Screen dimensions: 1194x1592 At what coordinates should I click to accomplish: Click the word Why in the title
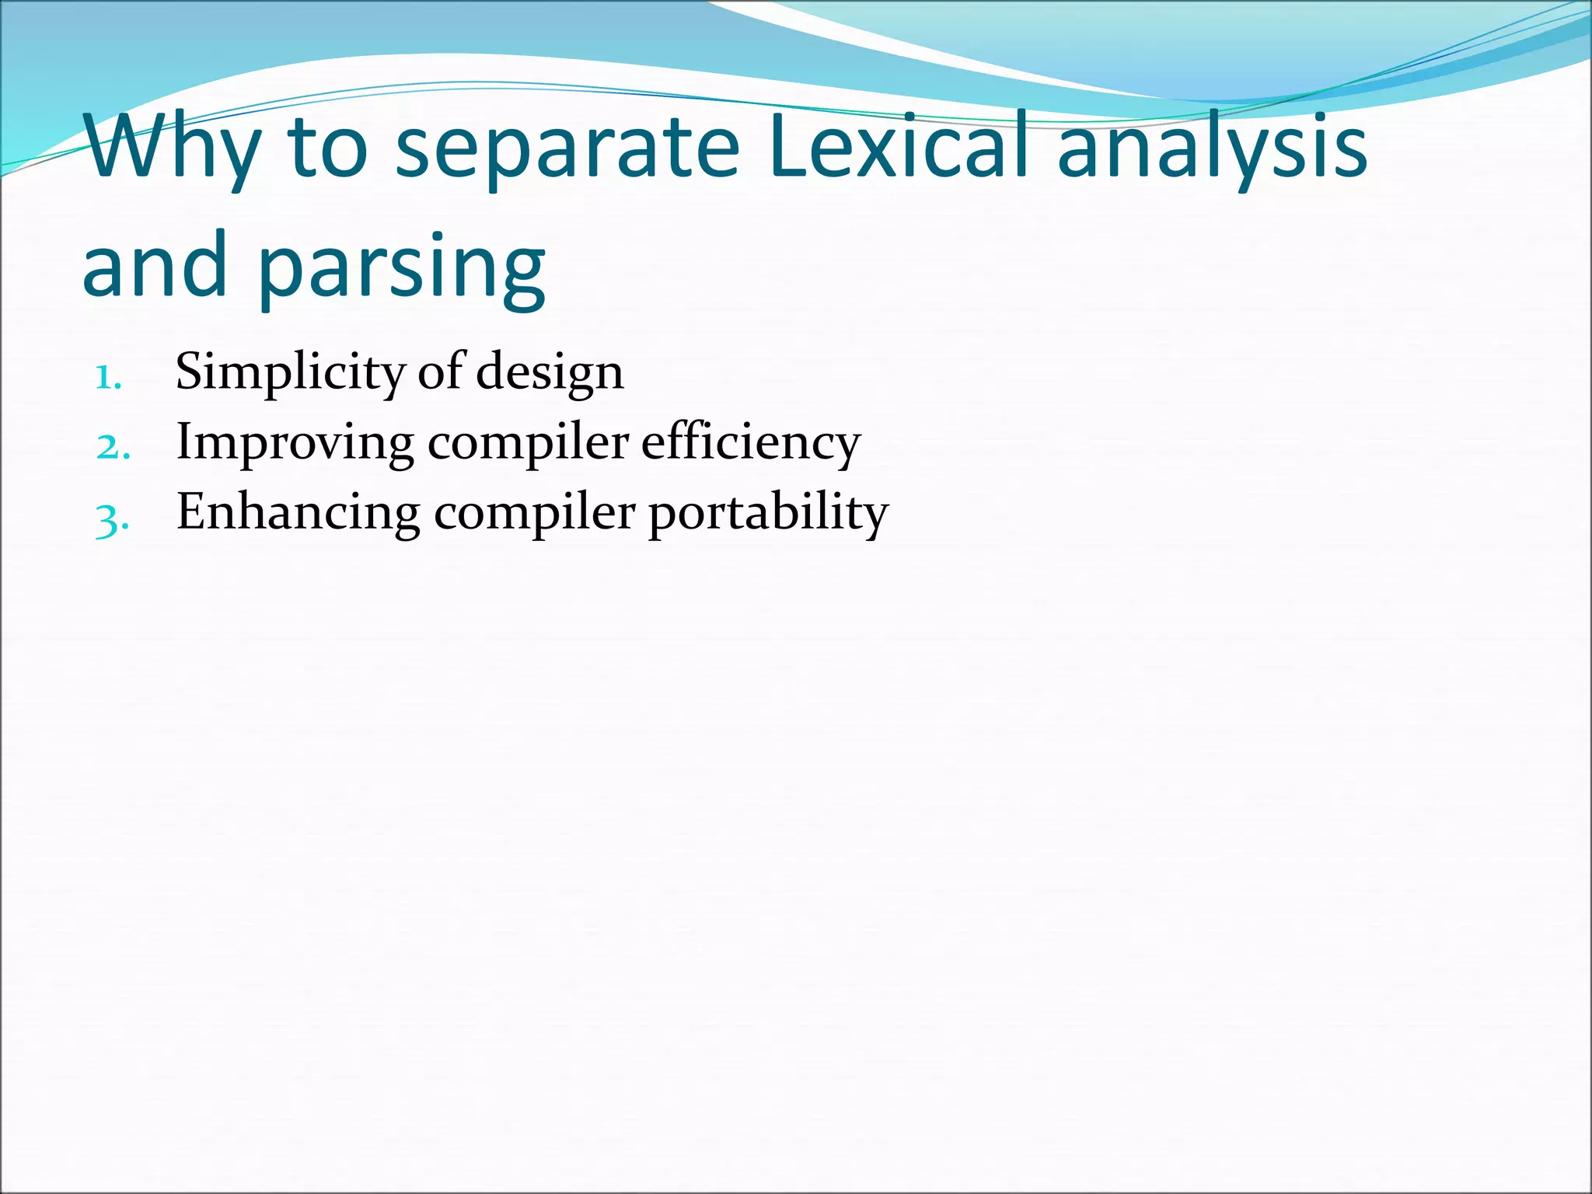tap(171, 148)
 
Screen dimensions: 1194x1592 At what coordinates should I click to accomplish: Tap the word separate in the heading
tap(567, 152)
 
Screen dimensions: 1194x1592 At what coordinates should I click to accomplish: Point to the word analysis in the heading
tap(1212, 152)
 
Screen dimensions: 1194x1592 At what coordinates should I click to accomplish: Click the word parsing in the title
tap(401, 268)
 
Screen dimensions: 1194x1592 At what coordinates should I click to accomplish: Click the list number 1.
tap(107, 378)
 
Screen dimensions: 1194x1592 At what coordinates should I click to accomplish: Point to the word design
tap(550, 373)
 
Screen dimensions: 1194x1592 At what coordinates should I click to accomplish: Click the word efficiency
tap(751, 443)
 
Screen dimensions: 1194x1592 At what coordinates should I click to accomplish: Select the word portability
tap(768, 515)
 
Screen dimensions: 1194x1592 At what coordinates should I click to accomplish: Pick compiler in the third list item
tap(535, 515)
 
